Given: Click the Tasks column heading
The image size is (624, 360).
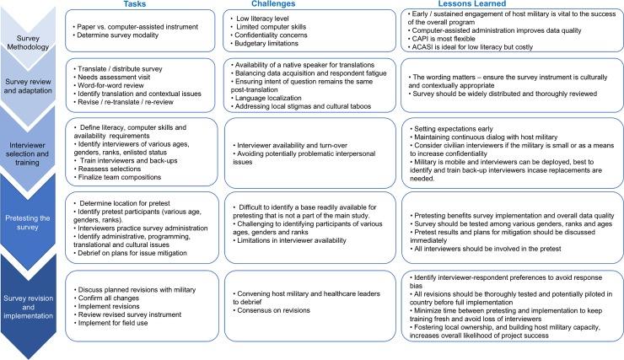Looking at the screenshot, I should pyautogui.click(x=129, y=5).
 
